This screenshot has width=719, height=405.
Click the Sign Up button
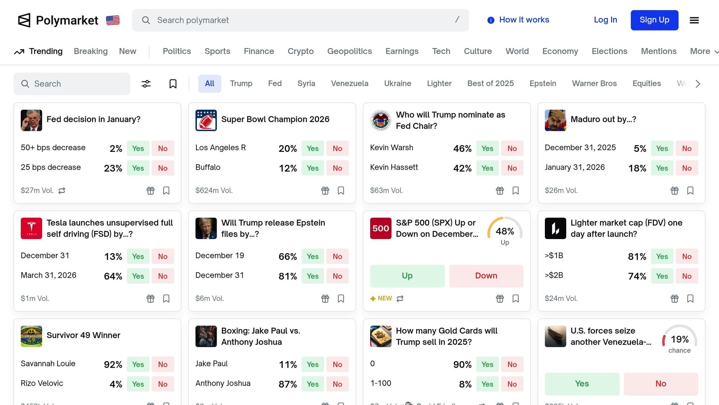click(x=654, y=20)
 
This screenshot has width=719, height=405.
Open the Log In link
click(x=605, y=20)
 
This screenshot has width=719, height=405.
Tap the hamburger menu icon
click(x=694, y=20)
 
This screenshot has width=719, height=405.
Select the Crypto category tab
click(x=301, y=51)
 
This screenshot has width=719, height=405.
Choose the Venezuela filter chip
click(x=349, y=84)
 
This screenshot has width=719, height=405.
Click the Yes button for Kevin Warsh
click(x=487, y=148)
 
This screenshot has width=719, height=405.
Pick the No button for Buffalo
click(x=337, y=168)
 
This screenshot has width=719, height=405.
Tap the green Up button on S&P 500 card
click(x=407, y=276)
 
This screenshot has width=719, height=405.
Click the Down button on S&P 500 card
click(x=486, y=276)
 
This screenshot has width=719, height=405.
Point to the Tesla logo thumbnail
click(x=31, y=229)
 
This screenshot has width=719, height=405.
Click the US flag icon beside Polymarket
click(x=113, y=20)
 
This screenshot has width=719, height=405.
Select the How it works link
click(x=518, y=20)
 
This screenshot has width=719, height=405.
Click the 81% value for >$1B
click(x=637, y=257)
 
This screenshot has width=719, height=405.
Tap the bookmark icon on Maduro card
click(x=690, y=191)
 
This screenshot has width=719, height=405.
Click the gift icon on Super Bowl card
click(x=325, y=191)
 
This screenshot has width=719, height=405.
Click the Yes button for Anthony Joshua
click(x=312, y=384)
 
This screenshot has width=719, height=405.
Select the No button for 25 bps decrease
click(x=163, y=168)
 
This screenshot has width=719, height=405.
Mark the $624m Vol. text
click(x=214, y=191)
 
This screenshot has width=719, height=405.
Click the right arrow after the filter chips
click(x=698, y=84)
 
